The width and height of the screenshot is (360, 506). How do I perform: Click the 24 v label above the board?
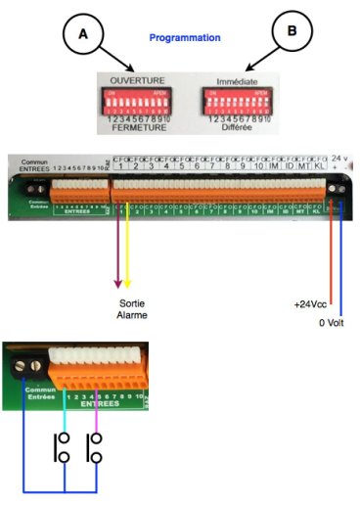click(337, 159)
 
